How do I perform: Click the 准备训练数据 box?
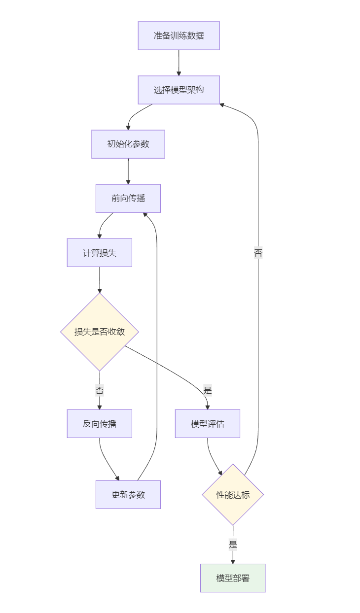(179, 35)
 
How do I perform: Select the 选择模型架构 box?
(179, 90)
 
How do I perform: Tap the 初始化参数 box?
(128, 144)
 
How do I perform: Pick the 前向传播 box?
(128, 198)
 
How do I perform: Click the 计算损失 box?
(99, 252)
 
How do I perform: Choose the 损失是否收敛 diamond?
(99, 332)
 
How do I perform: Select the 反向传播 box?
(99, 423)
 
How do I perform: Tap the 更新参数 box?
(128, 494)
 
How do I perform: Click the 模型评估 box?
(207, 423)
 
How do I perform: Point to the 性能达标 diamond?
(233, 494)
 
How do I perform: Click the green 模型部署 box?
(233, 578)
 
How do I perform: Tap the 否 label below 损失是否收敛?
(99, 391)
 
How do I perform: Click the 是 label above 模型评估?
(207, 391)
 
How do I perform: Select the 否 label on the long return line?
(258, 253)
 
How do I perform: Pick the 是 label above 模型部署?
(233, 545)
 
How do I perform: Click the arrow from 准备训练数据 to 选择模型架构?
(179, 63)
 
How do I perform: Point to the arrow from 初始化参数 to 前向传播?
(128, 171)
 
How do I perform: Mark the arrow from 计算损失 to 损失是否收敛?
(99, 279)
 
